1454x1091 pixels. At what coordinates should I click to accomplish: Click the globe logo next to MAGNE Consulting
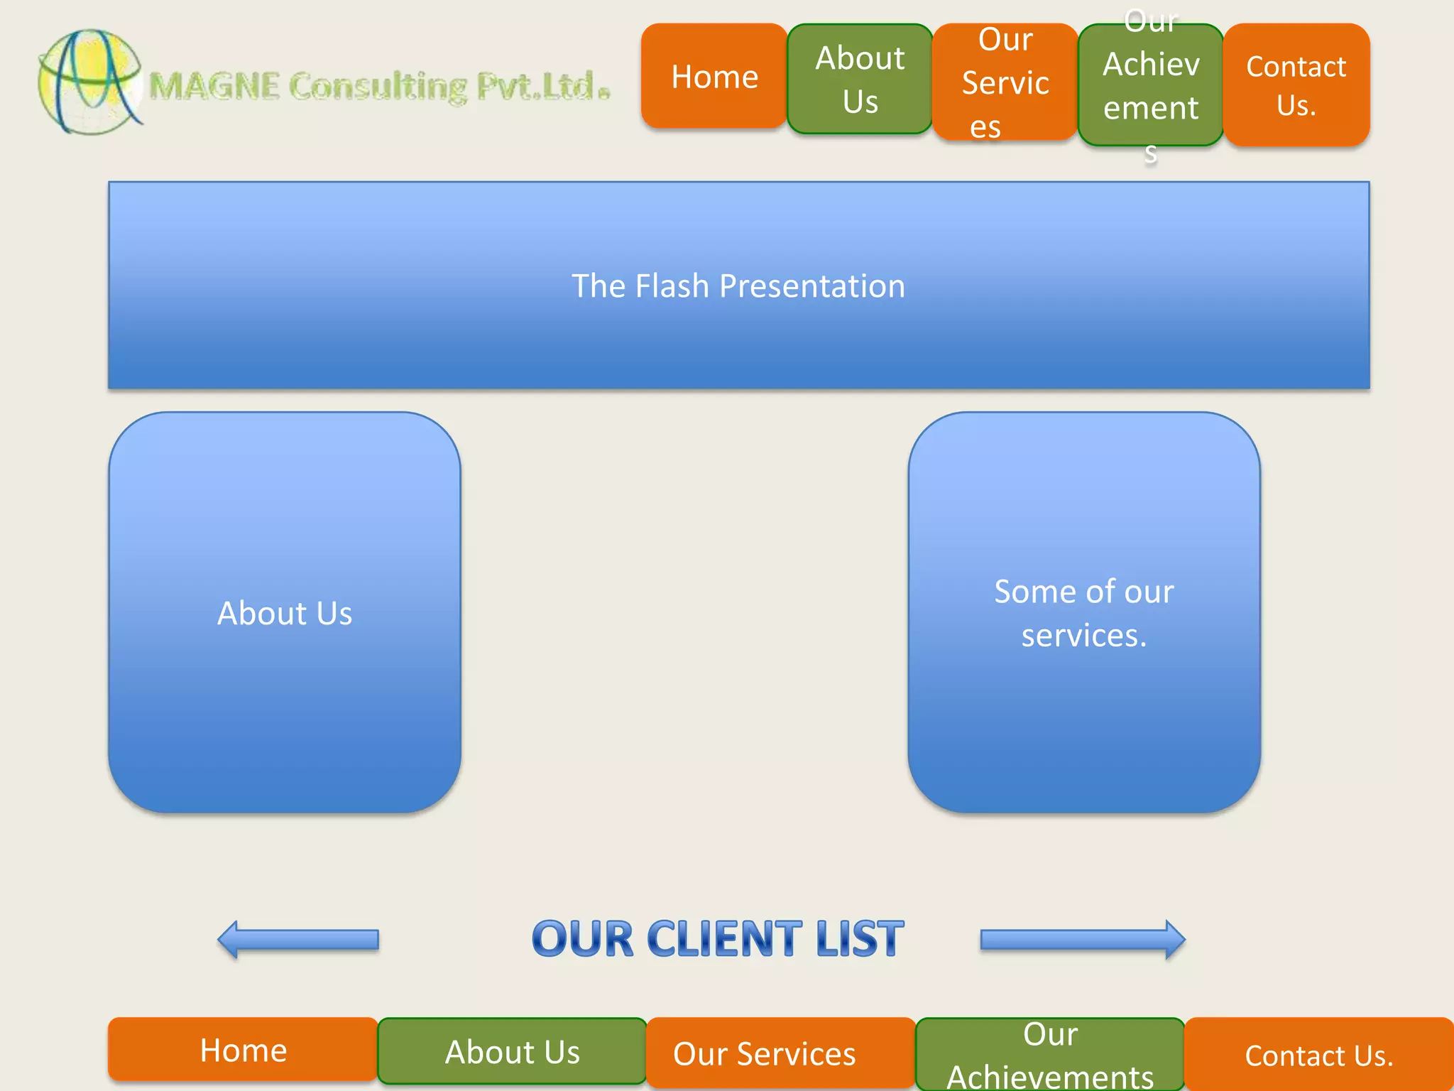pos(89,82)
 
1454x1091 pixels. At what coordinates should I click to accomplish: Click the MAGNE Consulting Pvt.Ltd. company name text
pos(380,87)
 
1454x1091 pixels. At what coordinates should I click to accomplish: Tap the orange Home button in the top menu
pos(714,77)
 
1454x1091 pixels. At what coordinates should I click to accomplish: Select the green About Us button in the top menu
pos(860,79)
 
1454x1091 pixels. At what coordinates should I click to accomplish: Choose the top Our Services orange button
pos(1005,82)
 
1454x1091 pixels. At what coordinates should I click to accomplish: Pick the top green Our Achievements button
pos(1151,85)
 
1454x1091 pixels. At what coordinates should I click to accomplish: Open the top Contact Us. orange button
pos(1296,85)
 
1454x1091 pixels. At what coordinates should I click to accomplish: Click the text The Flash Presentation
pos(738,286)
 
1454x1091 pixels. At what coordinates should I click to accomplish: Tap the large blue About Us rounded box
pos(285,612)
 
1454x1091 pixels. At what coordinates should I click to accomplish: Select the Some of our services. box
pos(1084,612)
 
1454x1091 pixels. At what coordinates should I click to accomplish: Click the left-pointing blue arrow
pos(298,940)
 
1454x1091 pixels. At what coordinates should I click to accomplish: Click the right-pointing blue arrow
pos(1083,940)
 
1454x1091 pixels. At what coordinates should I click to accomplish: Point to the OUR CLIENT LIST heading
pos(718,939)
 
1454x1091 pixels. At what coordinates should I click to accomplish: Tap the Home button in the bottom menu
pos(243,1050)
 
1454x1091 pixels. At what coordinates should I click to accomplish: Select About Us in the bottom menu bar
pos(512,1052)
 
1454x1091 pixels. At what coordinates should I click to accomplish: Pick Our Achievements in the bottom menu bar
pos(1050,1055)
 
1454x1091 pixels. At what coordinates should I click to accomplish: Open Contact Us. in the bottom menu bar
pos(1319,1055)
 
